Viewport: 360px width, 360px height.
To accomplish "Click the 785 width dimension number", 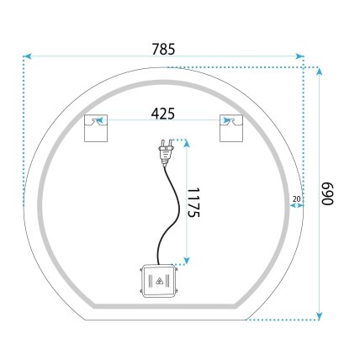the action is (x=163, y=49).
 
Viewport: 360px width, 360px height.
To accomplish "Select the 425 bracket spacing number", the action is (x=163, y=114).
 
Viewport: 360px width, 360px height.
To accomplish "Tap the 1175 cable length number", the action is (x=193, y=203).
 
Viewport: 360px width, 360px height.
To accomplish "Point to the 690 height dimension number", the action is (x=327, y=193).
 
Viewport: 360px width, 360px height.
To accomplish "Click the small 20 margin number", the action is (x=296, y=199).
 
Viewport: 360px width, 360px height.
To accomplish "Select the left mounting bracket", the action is (x=96, y=128).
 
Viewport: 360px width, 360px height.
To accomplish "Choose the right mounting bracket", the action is (x=231, y=128).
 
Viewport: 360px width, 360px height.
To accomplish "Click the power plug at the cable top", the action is (x=166, y=152).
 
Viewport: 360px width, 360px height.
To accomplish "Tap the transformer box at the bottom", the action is (x=159, y=281).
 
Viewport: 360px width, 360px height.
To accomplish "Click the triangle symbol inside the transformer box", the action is (x=159, y=281).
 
